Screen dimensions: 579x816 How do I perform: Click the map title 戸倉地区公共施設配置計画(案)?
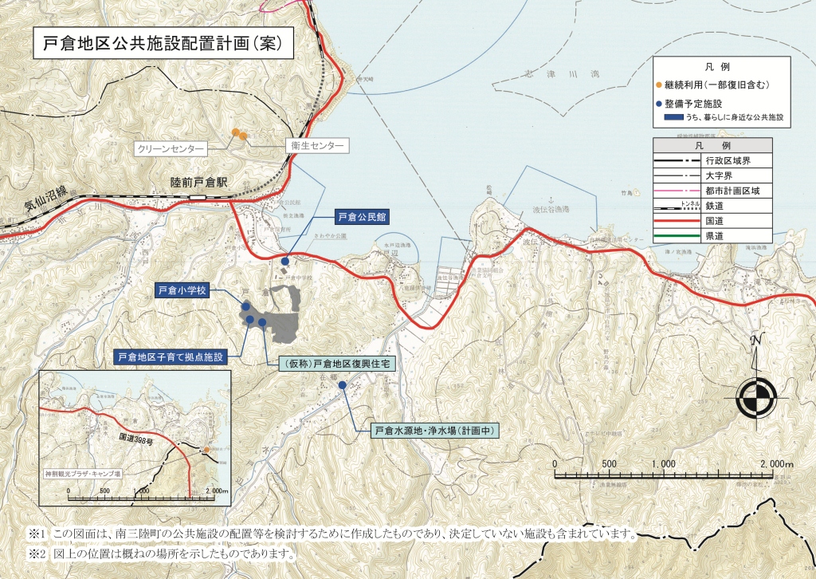tap(163, 44)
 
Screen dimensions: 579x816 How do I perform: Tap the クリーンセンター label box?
tap(171, 148)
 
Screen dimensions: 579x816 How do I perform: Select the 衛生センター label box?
tap(317, 147)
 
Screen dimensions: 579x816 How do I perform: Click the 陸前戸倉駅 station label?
tap(199, 183)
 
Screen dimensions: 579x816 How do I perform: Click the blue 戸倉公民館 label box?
tap(359, 216)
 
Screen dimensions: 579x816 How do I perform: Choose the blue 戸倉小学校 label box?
tap(182, 291)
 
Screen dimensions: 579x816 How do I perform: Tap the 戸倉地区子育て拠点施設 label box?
tap(171, 356)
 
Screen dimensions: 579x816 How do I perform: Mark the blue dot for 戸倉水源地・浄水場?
tap(343, 385)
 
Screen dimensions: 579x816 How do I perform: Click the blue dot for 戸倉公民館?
tap(285, 261)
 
